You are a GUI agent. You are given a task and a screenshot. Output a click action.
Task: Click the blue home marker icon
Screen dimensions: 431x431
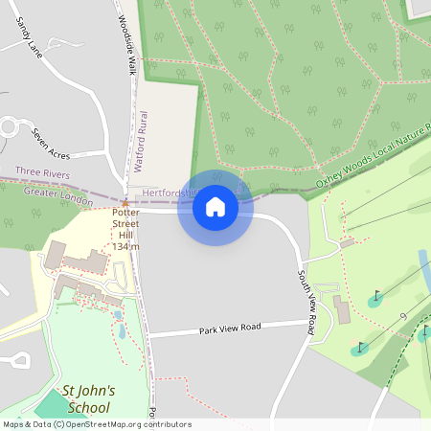point(215,206)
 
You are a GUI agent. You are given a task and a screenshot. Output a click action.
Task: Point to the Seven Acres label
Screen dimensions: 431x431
point(52,144)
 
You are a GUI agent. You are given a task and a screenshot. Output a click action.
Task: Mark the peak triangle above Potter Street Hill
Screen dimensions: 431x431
point(125,203)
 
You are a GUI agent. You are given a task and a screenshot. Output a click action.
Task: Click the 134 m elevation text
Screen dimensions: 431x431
point(125,247)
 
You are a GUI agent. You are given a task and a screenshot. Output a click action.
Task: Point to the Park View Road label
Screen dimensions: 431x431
point(230,329)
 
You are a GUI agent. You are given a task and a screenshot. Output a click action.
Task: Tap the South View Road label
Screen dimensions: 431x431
point(306,302)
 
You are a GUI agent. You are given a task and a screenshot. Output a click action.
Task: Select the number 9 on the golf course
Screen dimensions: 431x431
point(403,315)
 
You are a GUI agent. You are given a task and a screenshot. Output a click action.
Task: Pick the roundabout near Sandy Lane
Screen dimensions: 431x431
point(11,125)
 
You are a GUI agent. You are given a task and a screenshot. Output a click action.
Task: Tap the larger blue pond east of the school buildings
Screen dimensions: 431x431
point(121,331)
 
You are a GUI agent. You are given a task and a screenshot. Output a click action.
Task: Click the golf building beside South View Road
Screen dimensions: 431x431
point(342,308)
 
